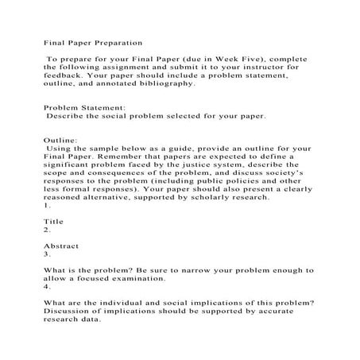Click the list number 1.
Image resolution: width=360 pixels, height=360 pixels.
[47, 206]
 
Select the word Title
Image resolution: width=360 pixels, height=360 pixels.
[53, 222]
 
